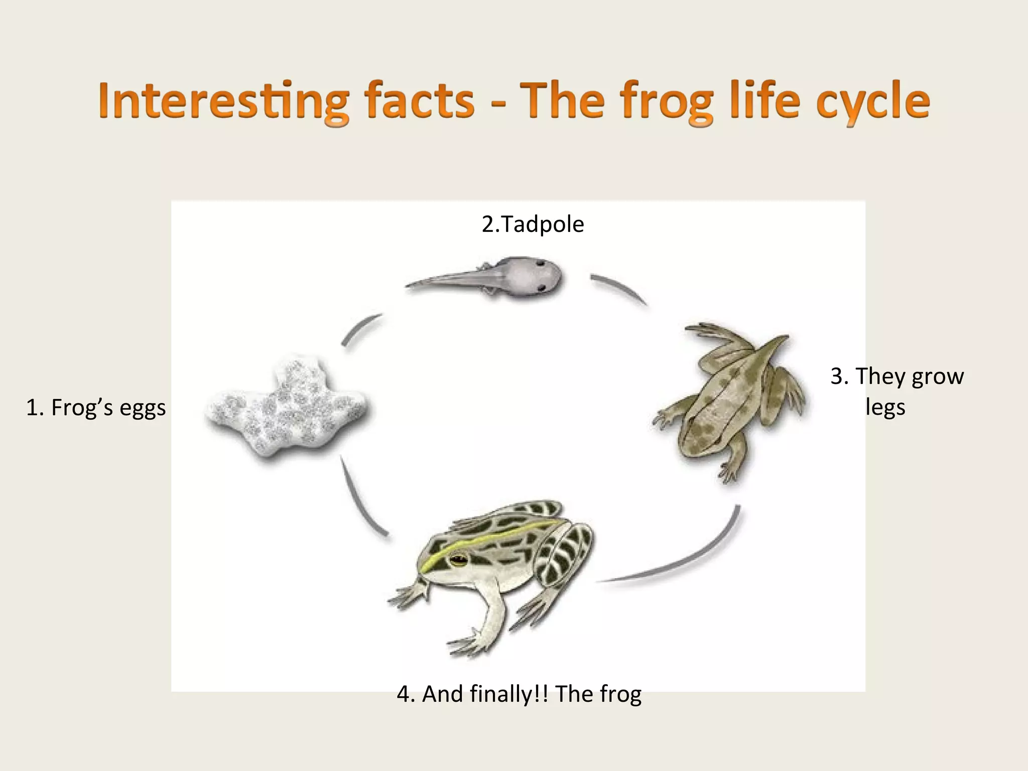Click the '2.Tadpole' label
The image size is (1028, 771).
coord(533,224)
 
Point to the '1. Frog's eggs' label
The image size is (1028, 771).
coord(96,407)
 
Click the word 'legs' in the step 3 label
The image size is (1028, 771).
coord(885,407)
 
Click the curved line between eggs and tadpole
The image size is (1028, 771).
coord(360,329)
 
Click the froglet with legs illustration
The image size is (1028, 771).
coord(728,402)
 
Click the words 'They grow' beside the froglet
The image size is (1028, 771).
coord(897,376)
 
